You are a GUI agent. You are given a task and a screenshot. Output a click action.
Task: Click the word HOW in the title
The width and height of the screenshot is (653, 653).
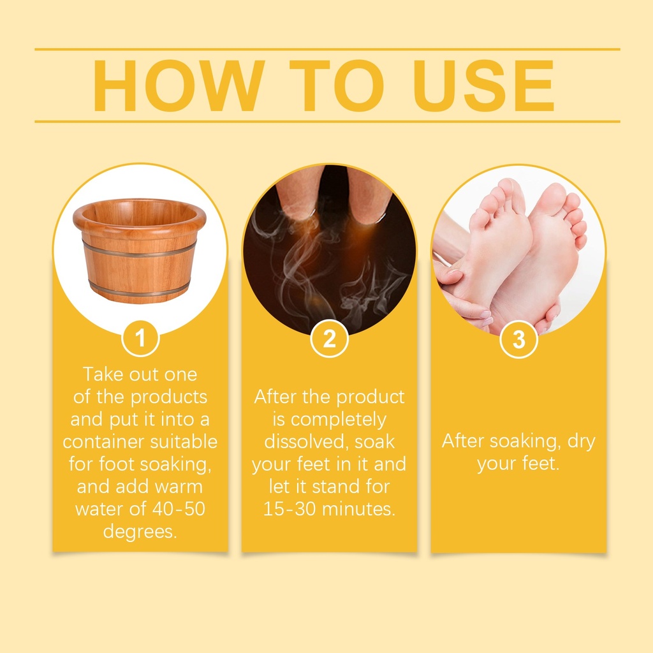point(179,85)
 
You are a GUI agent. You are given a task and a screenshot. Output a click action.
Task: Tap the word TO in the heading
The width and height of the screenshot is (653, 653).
point(337,85)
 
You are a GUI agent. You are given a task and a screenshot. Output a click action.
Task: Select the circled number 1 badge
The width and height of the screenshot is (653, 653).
point(140,338)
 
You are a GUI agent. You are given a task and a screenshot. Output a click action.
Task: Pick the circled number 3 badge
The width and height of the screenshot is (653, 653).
point(518,339)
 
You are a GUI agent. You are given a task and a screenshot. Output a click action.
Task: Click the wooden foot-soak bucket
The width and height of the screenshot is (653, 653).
point(140,250)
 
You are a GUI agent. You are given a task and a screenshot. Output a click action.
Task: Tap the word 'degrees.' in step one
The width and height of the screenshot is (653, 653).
point(140,532)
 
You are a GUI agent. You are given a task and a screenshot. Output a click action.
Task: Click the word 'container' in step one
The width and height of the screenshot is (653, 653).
point(104,441)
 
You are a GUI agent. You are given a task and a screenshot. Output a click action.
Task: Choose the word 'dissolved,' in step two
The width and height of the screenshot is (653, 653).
point(306,442)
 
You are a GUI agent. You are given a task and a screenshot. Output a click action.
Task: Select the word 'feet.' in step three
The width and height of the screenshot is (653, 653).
point(541,464)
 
